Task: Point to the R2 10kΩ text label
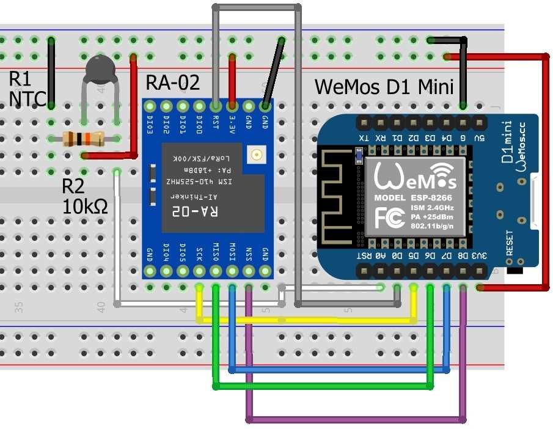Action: (85, 197)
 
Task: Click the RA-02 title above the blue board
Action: (173, 83)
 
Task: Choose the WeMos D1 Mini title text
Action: (384, 87)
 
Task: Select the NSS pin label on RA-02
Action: (249, 252)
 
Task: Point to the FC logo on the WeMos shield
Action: (389, 216)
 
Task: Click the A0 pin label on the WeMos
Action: (380, 256)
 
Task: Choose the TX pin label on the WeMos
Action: (364, 137)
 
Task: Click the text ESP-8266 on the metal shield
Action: (431, 199)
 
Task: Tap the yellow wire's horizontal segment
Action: (306, 320)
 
